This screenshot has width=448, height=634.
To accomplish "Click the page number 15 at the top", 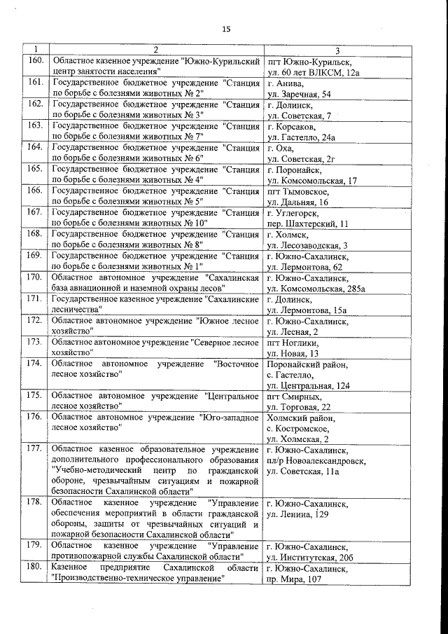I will click(225, 29).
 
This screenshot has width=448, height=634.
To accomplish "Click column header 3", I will click(337, 50).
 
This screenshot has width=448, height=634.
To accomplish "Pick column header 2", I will click(155, 50).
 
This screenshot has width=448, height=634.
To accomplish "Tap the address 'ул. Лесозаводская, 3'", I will click(307, 245).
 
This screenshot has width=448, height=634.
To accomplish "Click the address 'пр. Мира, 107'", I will click(294, 579).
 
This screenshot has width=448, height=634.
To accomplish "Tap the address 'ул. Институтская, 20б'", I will click(310, 557).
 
